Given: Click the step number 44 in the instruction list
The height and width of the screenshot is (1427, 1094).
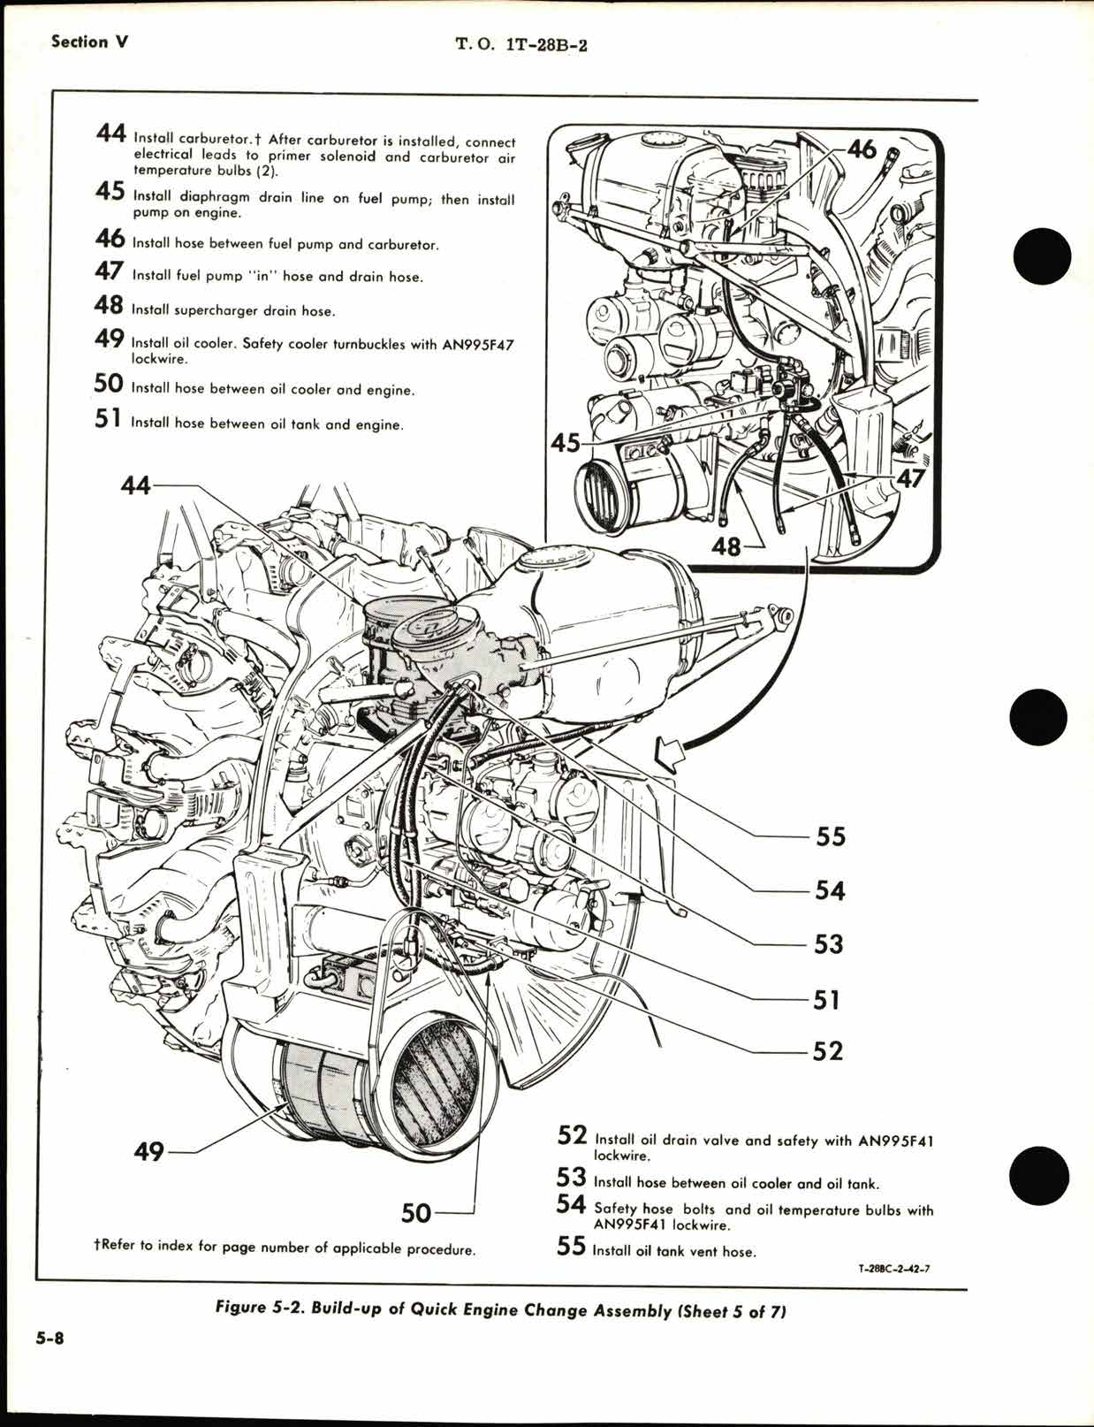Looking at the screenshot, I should click(111, 135).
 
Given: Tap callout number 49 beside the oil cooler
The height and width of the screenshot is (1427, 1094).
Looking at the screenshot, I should click(148, 1151).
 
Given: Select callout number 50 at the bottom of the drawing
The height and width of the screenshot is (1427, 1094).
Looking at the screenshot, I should click(415, 1213).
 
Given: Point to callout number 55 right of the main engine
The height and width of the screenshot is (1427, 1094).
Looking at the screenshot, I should click(830, 836).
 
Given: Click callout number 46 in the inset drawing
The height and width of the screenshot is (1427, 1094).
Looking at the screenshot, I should click(861, 149).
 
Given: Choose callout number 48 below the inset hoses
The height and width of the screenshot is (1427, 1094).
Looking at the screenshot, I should click(726, 547).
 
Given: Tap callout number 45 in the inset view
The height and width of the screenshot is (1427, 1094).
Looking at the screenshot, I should click(566, 441).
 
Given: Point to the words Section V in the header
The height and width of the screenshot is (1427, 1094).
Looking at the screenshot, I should click(90, 42).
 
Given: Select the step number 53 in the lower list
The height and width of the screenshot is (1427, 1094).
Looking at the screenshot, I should click(571, 1178).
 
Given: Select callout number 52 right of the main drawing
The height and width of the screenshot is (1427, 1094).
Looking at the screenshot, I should click(828, 1050).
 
